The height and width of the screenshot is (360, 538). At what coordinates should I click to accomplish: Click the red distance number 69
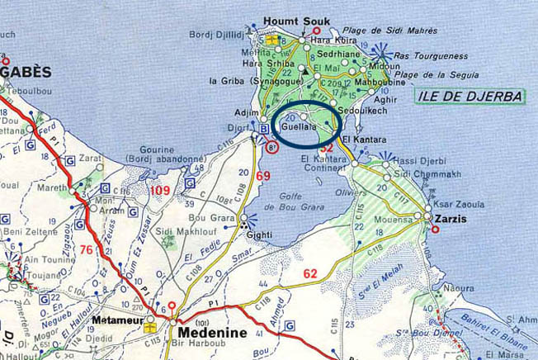[263, 177]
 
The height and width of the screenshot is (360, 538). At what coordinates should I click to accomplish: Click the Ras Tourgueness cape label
[425, 56]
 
